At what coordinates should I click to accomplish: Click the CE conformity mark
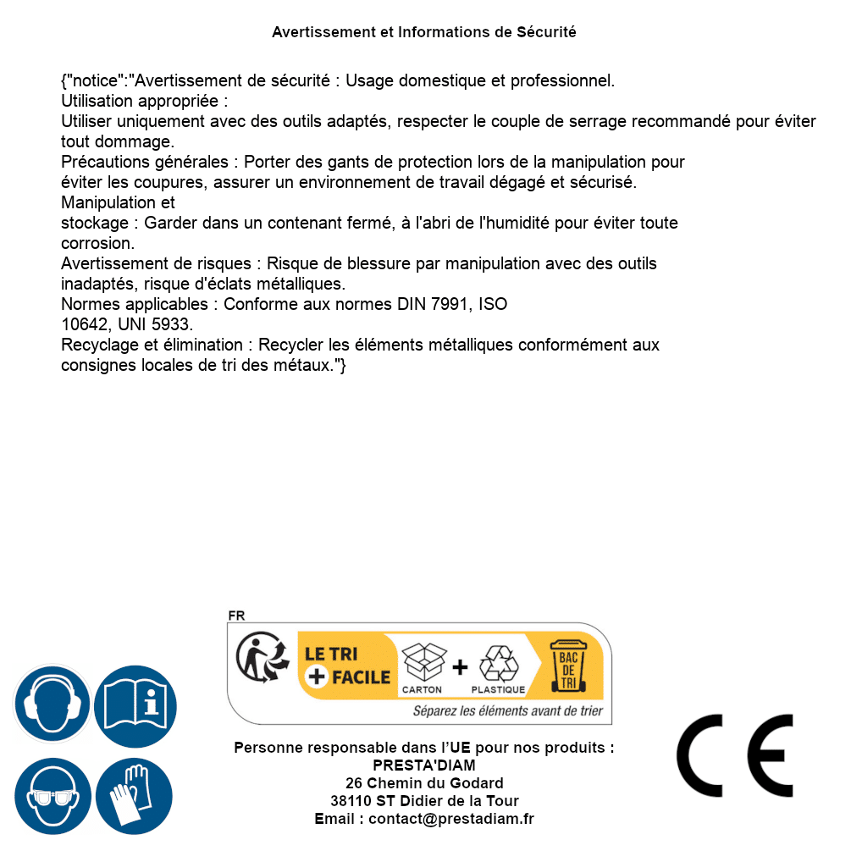[735, 755]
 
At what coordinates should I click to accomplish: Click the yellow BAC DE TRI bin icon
[566, 668]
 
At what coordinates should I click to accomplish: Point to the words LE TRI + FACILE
[347, 666]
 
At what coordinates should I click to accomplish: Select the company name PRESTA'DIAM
[424, 765]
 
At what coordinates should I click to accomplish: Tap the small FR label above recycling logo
[236, 616]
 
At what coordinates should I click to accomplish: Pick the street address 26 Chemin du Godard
[424, 783]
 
